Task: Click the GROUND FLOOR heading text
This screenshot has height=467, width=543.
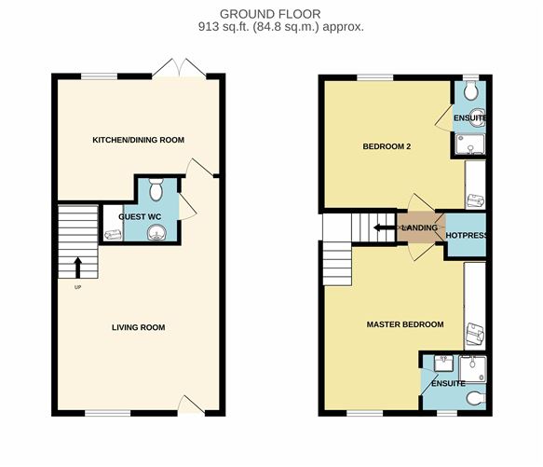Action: tap(270, 14)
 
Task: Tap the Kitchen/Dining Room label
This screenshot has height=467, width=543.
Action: tap(138, 140)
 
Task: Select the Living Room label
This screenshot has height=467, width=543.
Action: tap(138, 327)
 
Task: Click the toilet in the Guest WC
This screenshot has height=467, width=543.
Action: tap(156, 189)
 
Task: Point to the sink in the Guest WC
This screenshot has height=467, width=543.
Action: tap(156, 233)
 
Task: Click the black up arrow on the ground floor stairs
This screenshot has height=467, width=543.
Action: tap(78, 268)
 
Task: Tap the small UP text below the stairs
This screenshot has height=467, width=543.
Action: tap(77, 287)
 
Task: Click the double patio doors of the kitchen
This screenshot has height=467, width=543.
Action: tap(179, 68)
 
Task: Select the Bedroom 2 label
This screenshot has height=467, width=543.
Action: tap(387, 146)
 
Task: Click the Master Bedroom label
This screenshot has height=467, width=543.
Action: tap(405, 324)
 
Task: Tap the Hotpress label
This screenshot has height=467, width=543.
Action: tap(466, 236)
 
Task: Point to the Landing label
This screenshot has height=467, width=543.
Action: tap(420, 227)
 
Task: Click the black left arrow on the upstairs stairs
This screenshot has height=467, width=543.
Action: tap(385, 227)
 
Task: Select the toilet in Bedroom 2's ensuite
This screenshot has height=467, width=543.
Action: tap(471, 90)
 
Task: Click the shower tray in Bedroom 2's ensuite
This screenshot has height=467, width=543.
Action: tap(470, 144)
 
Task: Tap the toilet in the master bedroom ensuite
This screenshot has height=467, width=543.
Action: tap(476, 398)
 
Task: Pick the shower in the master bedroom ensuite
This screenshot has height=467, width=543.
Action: tap(473, 369)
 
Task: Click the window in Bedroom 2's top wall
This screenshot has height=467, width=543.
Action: tap(375, 77)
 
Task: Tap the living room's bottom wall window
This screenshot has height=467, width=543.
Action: tap(108, 413)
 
